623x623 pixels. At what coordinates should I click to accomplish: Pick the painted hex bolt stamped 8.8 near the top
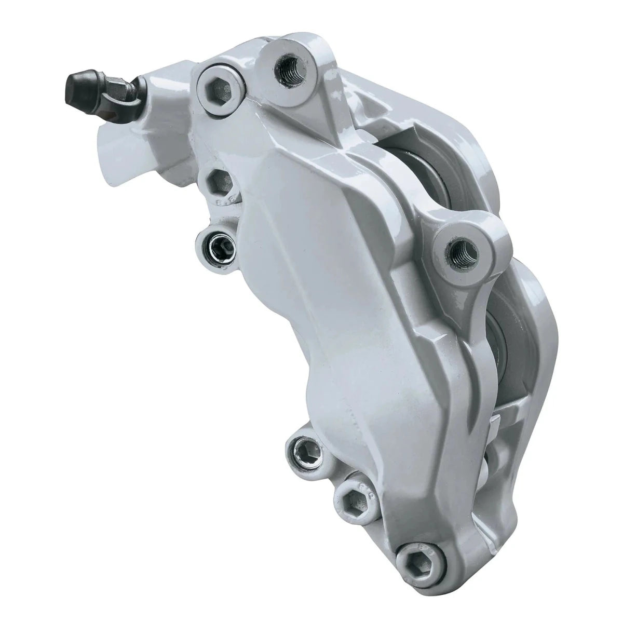(220, 182)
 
